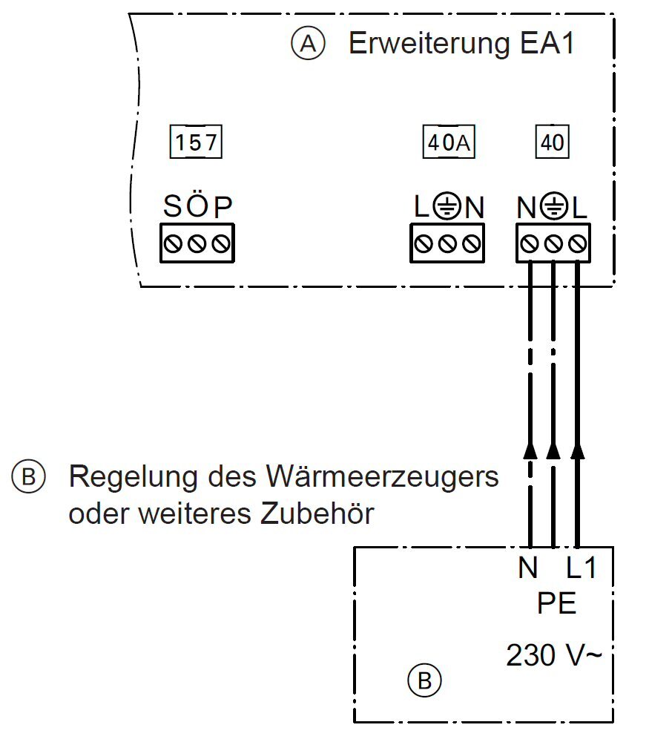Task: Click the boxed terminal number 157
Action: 196,142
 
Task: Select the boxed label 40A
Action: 449,142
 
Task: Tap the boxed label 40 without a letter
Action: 552,142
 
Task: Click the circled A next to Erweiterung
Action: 308,44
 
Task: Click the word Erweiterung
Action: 429,44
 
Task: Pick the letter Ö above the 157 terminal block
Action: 197,205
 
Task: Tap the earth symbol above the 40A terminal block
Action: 446,207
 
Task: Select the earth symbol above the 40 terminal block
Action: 553,207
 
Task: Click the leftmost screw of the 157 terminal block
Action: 173,243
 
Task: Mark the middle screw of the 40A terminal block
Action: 447,243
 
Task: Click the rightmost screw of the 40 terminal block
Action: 578,243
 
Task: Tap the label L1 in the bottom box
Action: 581,568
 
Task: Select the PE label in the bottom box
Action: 557,603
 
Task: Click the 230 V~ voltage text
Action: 554,655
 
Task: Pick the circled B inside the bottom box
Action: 424,681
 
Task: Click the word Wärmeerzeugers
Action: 383,477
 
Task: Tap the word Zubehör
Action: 317,513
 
